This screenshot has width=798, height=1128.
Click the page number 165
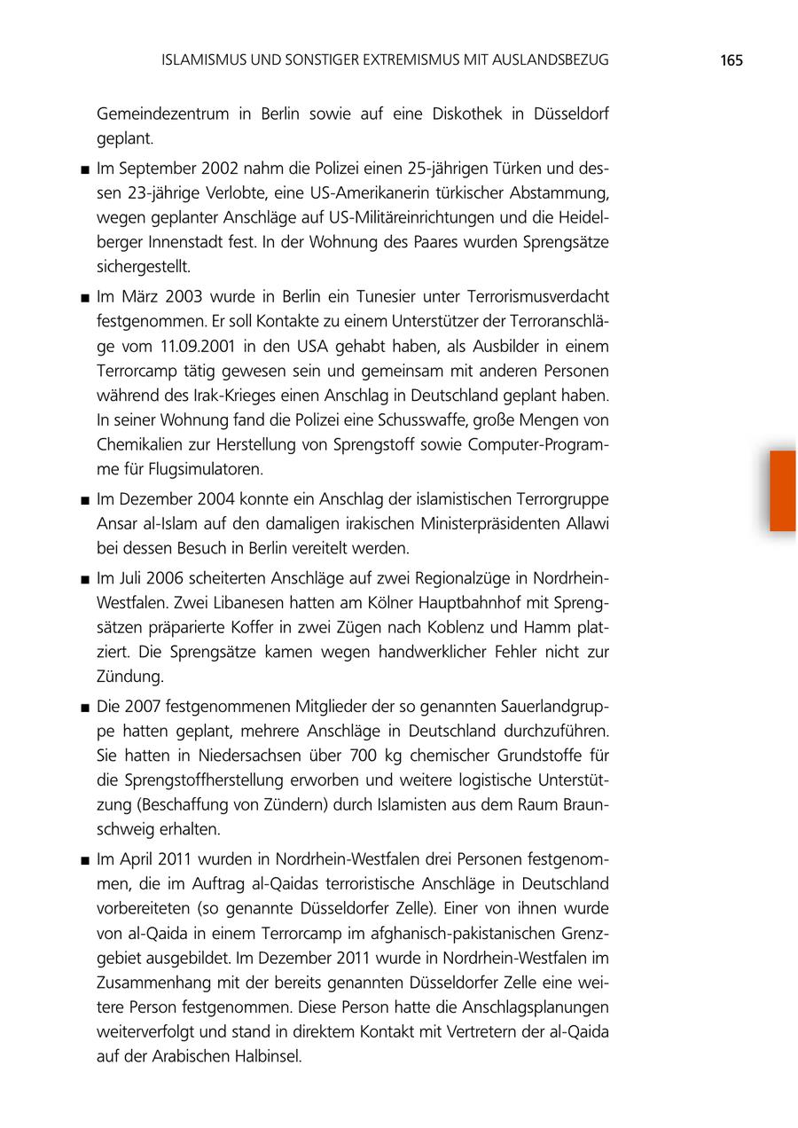pos(731,60)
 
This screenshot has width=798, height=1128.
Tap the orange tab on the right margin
pos(783,490)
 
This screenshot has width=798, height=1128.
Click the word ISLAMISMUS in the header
pos(207,60)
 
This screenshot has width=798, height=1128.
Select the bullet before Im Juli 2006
pos(83,580)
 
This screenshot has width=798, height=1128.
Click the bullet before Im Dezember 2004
pos(83,501)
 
